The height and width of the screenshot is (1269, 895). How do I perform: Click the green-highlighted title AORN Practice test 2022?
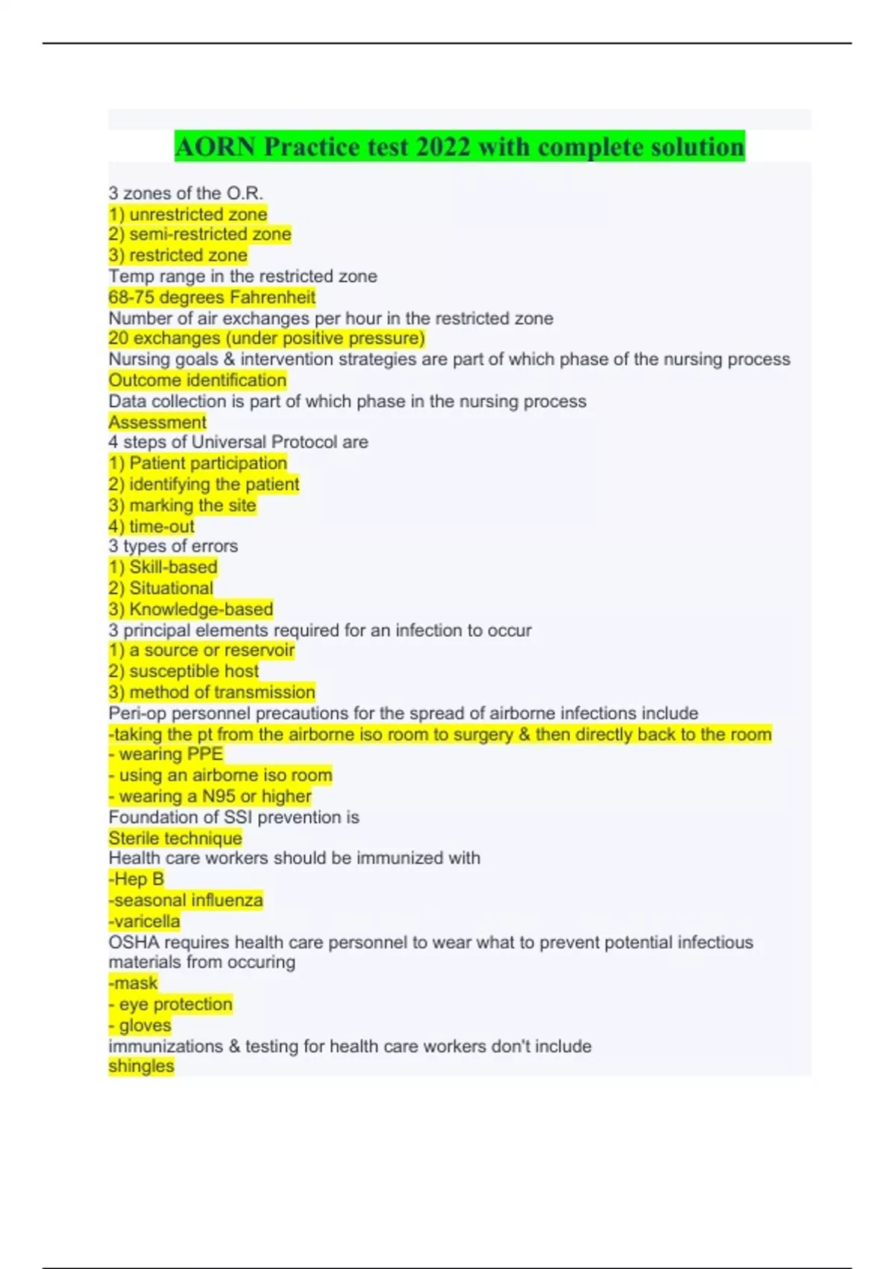(459, 146)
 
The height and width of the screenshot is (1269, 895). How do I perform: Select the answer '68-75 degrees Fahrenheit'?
(212, 297)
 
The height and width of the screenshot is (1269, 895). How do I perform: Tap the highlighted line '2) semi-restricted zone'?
(199, 234)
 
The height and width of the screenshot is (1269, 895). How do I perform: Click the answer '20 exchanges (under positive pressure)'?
(266, 338)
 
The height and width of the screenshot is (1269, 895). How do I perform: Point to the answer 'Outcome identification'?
(197, 380)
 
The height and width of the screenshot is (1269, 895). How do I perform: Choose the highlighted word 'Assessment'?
(157, 423)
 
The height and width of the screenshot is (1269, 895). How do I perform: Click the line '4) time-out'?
(151, 526)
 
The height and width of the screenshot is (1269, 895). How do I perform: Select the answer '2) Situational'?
(160, 588)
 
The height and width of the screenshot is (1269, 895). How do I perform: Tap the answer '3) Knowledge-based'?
(191, 609)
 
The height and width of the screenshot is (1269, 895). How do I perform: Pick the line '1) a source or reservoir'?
(201, 650)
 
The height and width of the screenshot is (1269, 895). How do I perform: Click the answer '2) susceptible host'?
(183, 671)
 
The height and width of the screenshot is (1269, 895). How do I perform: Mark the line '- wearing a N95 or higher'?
(210, 796)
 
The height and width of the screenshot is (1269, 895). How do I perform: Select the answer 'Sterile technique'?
(175, 838)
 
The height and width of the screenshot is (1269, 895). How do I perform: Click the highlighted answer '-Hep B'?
(136, 879)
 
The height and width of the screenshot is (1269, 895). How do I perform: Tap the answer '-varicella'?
(144, 921)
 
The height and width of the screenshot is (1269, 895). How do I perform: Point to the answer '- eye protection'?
(170, 1004)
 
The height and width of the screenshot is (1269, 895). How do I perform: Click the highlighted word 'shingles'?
(141, 1066)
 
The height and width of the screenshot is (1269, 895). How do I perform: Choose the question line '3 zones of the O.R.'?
(186, 193)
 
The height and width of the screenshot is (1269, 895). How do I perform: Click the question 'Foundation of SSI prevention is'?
(233, 817)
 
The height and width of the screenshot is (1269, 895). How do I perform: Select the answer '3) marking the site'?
(182, 505)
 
